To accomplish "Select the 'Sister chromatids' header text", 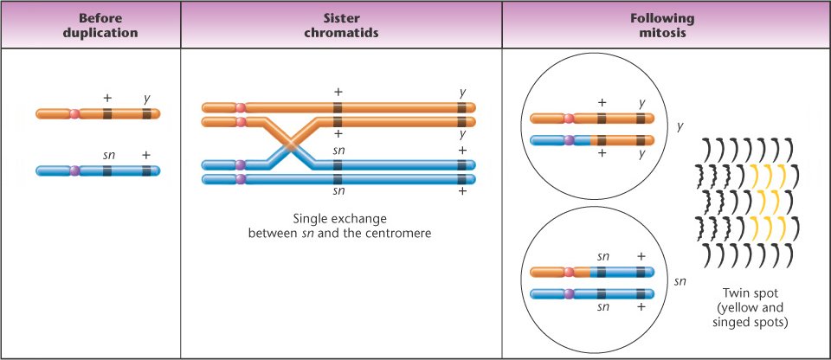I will coord(341,24).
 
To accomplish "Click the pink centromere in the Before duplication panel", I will coord(74,113).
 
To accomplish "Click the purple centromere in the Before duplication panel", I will coord(74,170).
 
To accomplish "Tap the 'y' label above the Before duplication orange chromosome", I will coord(147,98).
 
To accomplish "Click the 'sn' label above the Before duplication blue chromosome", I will coord(108,155).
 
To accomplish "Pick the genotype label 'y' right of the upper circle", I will coord(680,126).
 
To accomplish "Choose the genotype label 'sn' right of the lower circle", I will coord(682,281).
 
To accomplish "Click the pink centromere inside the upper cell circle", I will coord(569,119).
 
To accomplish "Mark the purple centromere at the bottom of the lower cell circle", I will coord(569,293).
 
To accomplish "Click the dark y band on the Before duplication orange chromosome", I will coord(147,113).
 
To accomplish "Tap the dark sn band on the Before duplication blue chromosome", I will coord(107,170).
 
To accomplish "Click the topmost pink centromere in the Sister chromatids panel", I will coord(240,107).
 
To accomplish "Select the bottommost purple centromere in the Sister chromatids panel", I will coord(240,179).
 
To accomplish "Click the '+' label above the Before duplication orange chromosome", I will coord(107,98).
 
